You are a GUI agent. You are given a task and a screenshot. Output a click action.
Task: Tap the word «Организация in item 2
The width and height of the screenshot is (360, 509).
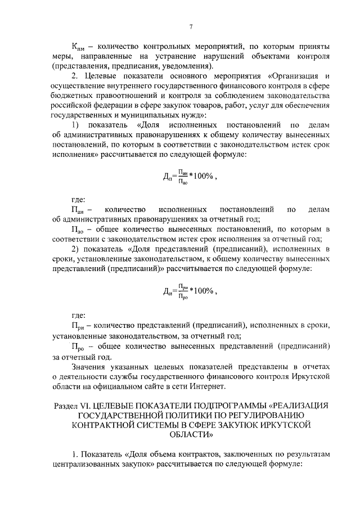pyautogui.click(x=292, y=76)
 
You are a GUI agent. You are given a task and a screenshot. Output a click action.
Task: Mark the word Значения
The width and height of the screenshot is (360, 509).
pyautogui.click(x=91, y=366)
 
